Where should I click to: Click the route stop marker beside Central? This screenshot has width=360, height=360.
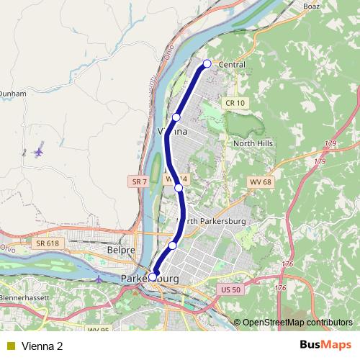point(207,64)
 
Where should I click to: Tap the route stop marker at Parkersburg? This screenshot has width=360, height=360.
point(153,276)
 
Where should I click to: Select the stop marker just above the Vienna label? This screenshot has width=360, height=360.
point(176,117)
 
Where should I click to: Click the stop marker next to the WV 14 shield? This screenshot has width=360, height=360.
point(179,188)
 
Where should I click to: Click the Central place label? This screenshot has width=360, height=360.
point(230,65)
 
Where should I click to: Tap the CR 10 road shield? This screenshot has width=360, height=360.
point(235,103)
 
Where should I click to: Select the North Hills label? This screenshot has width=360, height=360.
point(251,143)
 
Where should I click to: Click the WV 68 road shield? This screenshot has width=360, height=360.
point(260,181)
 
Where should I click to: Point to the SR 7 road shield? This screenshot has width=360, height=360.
point(140,182)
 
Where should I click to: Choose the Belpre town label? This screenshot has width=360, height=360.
point(121,250)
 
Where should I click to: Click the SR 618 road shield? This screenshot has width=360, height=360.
point(48,243)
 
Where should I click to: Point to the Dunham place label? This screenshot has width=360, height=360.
point(12,93)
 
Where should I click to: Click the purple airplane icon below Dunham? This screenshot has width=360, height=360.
point(38,152)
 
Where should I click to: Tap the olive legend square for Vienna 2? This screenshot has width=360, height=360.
point(11,346)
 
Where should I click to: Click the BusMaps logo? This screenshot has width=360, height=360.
point(325,346)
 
